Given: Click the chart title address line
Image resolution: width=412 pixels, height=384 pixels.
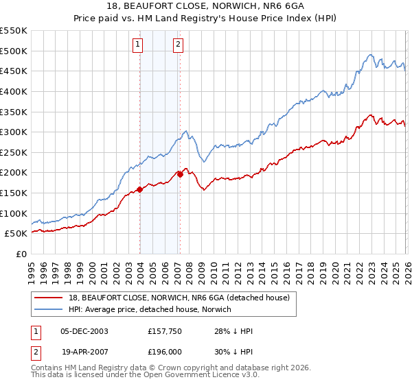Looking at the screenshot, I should [x=205, y=6].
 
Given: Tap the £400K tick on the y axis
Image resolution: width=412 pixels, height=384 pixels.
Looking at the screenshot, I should [x=14, y=91].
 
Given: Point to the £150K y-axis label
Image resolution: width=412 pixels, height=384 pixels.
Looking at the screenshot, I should [x=14, y=193].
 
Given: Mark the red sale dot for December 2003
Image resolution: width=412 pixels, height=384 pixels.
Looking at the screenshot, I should [x=139, y=189].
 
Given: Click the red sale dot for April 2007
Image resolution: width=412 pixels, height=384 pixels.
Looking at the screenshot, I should [x=180, y=174].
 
